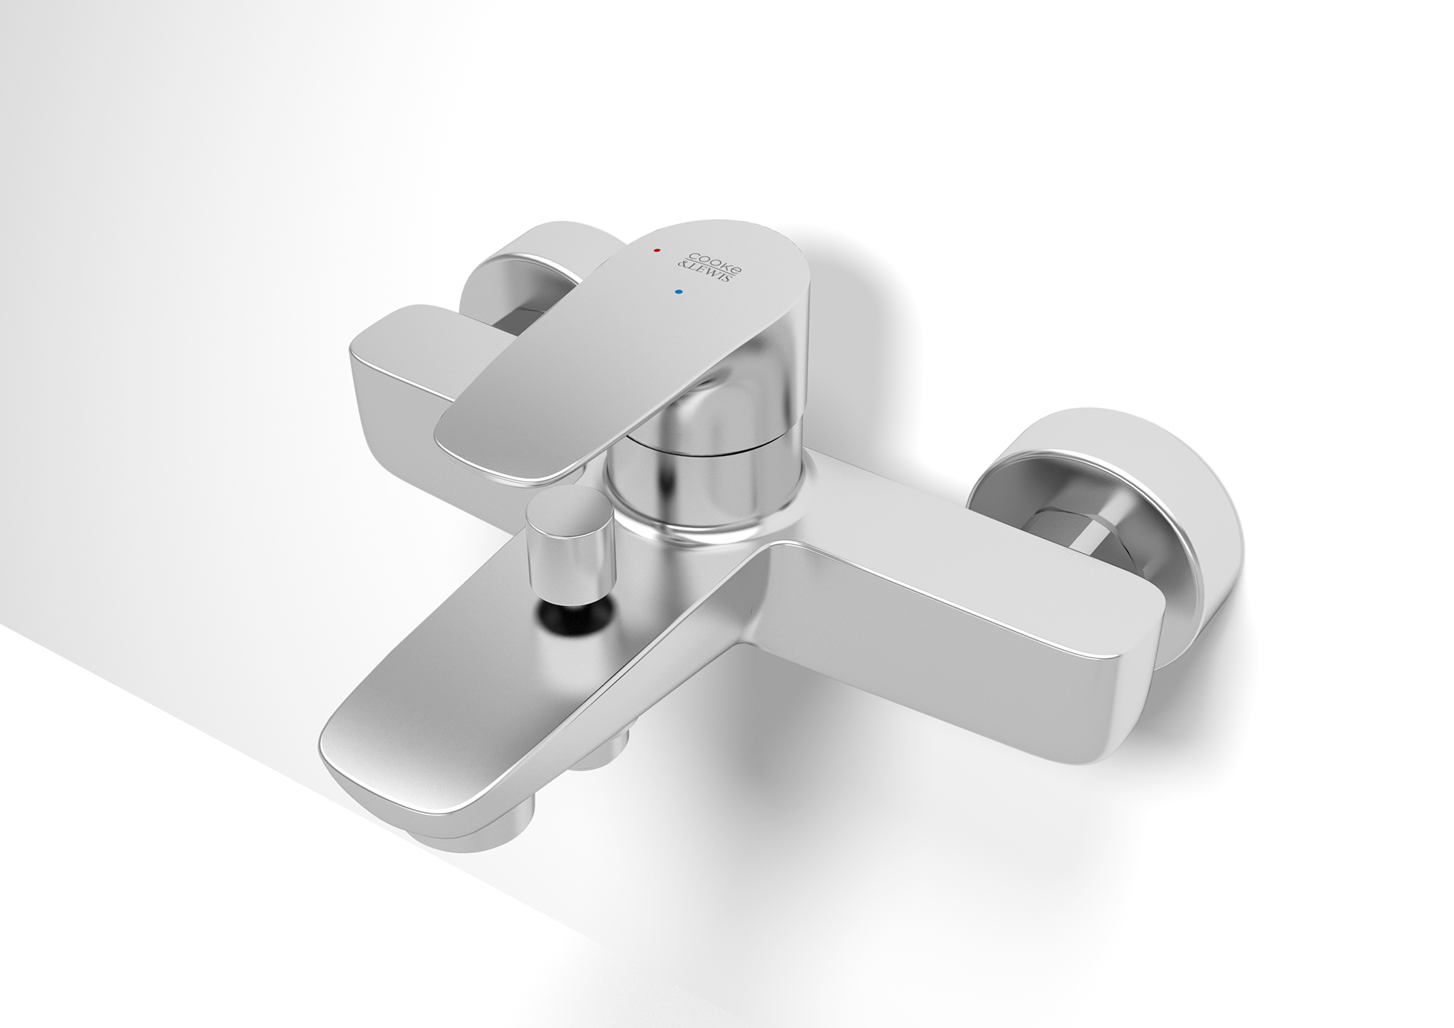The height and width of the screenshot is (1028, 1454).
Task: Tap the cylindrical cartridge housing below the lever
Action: click(x=700, y=485)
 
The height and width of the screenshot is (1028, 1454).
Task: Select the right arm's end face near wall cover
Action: click(x=1136, y=667)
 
